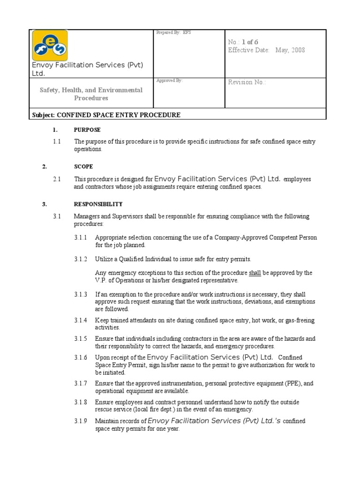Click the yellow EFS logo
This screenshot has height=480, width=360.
coord(50,45)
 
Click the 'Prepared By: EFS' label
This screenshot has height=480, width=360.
coord(173,32)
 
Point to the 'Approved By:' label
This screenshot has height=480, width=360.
coord(169,81)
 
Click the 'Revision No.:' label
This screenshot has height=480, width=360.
coord(247,82)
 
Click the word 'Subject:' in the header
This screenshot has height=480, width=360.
coord(44,115)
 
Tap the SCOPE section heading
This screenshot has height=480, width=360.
coord(83,167)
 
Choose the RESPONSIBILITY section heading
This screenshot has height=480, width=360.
coord(98,204)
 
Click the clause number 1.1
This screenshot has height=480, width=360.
coord(57,142)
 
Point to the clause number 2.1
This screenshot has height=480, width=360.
coord(57,179)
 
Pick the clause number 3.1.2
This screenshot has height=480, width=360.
coord(81,259)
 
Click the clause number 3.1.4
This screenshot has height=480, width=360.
coord(81,321)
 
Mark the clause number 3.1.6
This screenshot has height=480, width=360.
coord(81,358)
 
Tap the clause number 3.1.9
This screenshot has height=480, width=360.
coord(81,421)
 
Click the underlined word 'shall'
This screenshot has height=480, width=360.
coord(255,273)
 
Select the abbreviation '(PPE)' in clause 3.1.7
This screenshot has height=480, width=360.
coord(291,383)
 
